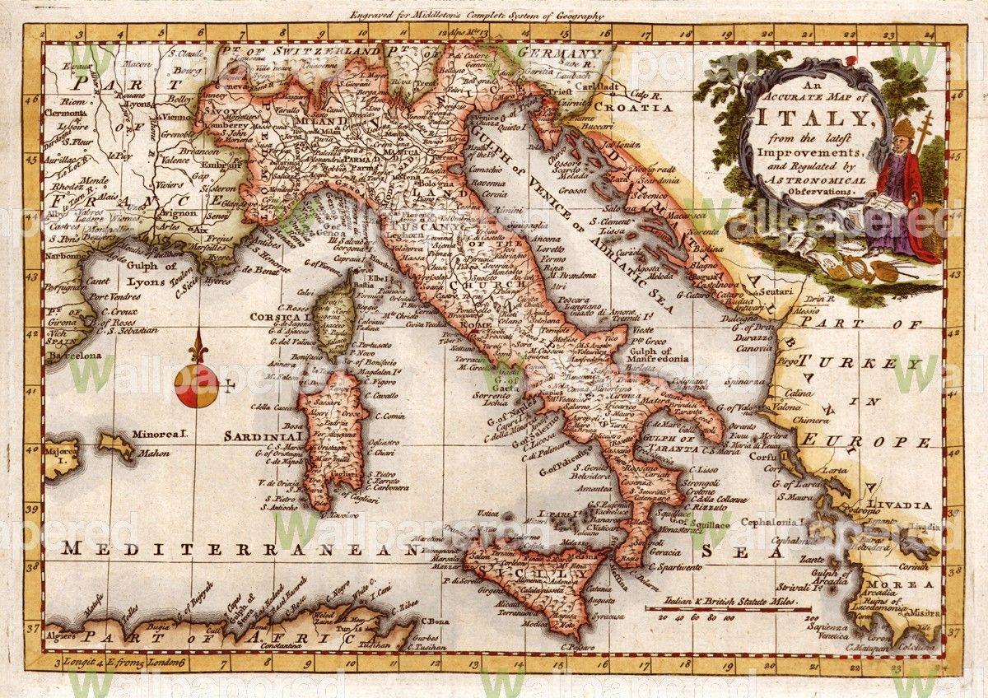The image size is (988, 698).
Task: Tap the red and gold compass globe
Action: [x=196, y=385]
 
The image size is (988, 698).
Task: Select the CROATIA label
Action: [x=655, y=106]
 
